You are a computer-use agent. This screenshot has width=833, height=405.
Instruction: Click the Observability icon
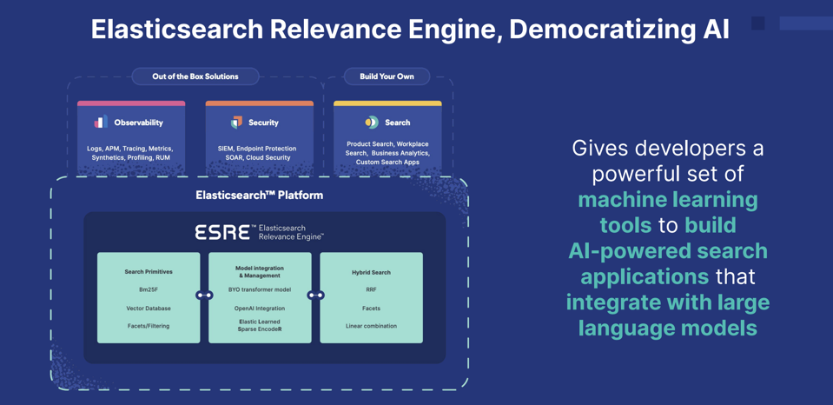coord(101,123)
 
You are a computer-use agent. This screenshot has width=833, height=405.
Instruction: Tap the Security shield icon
coord(236,123)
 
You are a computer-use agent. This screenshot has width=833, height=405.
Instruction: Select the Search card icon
coord(372,123)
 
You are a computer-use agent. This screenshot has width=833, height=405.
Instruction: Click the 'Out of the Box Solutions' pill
coord(195,76)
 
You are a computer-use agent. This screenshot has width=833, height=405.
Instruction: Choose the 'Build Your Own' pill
coord(387,76)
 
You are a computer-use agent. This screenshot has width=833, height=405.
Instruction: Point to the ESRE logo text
coord(222,232)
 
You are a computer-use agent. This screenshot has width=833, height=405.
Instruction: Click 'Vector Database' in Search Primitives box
coord(149,309)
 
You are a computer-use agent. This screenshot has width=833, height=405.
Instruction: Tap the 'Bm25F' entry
coord(149,289)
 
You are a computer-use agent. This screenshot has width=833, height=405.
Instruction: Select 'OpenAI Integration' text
coord(260,309)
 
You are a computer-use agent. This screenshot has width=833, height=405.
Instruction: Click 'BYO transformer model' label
coord(260,289)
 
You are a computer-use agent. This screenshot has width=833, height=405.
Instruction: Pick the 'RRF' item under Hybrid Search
coord(371,289)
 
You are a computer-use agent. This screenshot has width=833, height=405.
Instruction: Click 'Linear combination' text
coord(371,326)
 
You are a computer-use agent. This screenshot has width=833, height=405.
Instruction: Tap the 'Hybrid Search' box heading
coord(371,272)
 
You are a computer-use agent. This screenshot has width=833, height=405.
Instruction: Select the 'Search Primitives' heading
coord(149,272)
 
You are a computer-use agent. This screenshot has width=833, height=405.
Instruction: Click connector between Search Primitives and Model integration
coord(204,295)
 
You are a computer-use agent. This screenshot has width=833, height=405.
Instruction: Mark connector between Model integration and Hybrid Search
coord(315,295)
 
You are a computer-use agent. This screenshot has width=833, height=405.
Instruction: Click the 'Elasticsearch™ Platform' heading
coord(260,196)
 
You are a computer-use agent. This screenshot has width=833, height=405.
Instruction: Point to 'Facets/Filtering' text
coord(149,326)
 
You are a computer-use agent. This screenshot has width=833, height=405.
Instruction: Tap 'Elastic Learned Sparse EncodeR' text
coord(260,326)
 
